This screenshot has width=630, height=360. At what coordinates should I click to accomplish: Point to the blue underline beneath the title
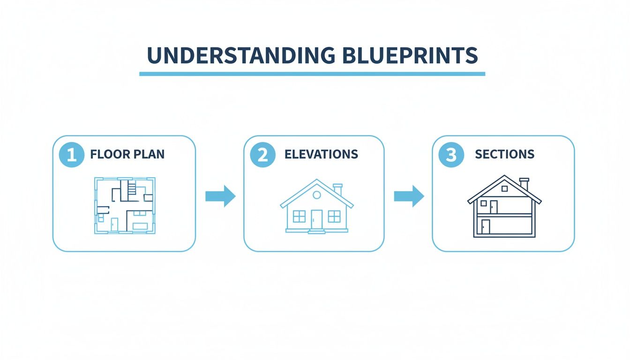[312, 74]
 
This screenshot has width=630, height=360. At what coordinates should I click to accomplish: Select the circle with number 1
[72, 155]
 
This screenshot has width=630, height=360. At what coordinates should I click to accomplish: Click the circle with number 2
[262, 155]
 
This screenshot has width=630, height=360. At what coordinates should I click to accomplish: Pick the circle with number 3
[451, 155]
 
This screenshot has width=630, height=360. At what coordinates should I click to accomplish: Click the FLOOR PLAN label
[127, 155]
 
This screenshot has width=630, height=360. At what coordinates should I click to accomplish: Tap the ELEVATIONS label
[321, 154]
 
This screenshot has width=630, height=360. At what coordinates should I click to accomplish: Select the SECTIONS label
[504, 154]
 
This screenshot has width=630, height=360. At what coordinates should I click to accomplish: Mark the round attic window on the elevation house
[317, 195]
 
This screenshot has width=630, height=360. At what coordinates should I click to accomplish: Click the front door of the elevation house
[317, 219]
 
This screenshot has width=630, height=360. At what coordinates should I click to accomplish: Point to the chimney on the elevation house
[337, 189]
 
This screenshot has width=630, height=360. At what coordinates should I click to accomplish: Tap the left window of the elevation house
[299, 216]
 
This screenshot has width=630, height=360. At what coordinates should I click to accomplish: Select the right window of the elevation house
[334, 216]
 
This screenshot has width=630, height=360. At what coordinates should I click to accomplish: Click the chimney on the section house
[524, 184]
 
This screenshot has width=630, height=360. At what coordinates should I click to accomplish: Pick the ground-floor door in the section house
[486, 226]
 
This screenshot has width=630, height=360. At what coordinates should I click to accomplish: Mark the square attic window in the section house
[504, 188]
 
